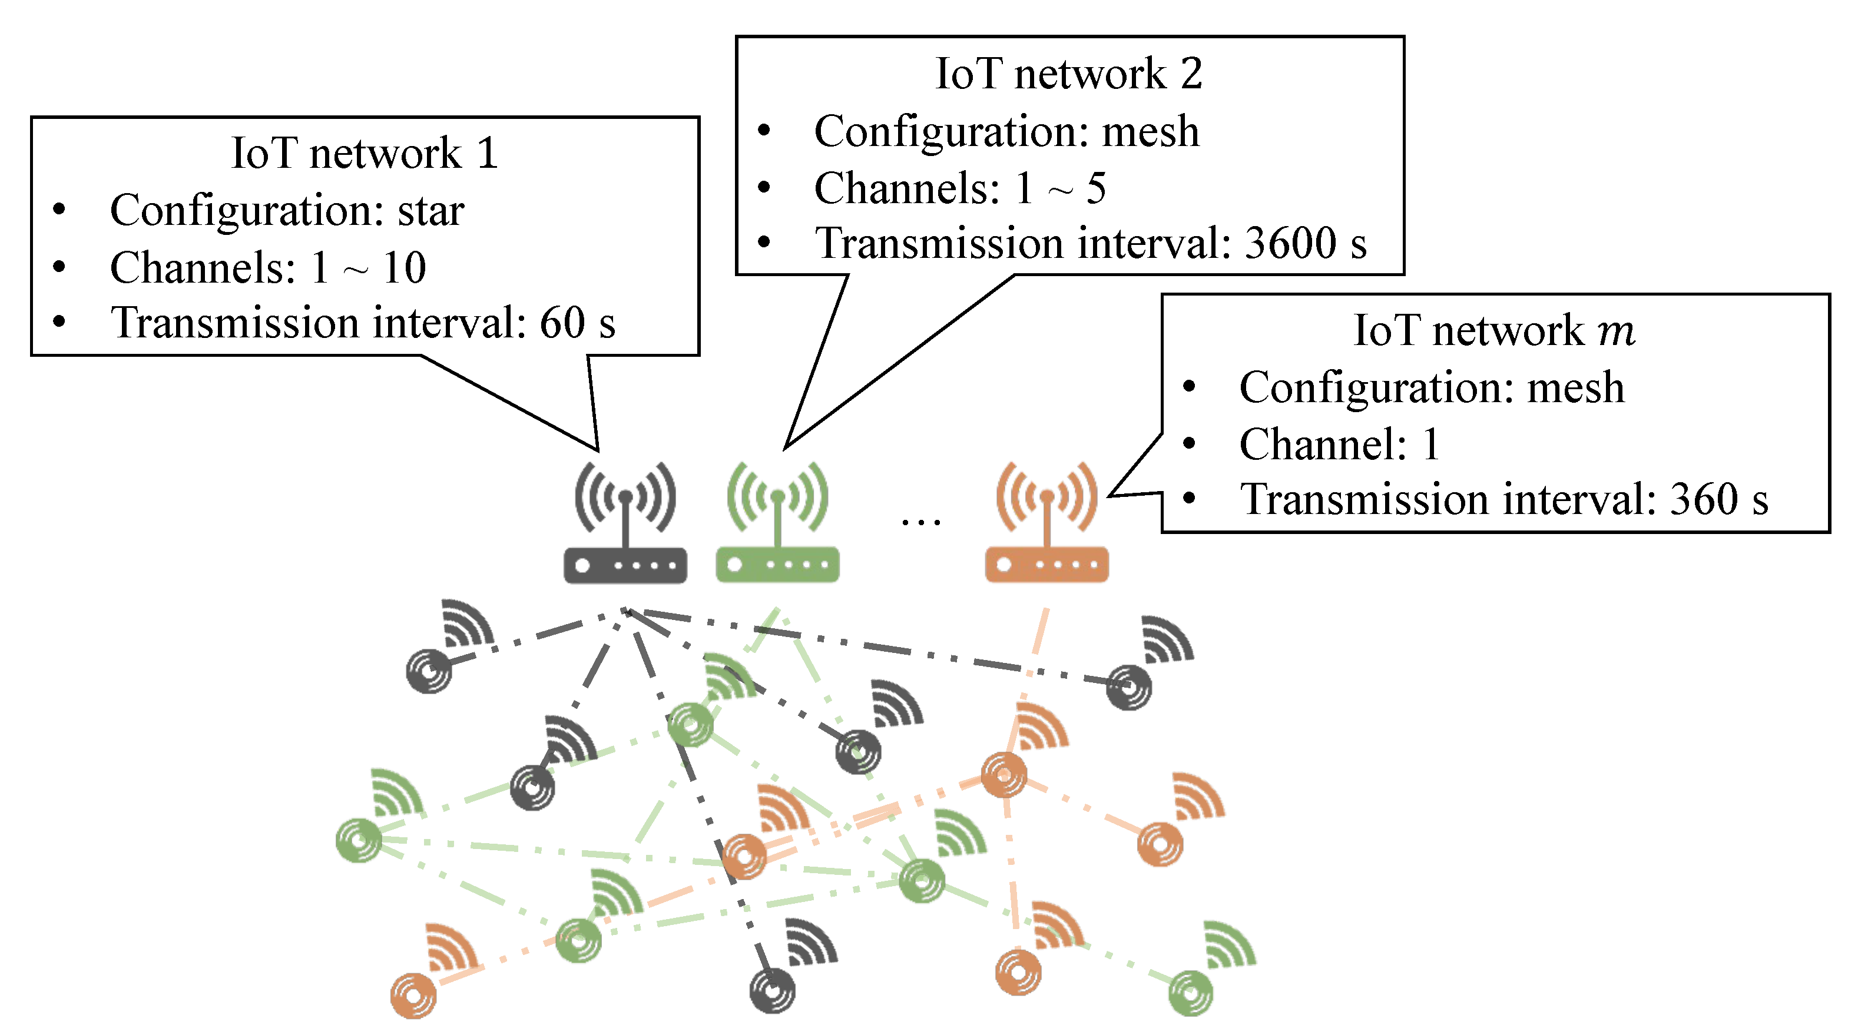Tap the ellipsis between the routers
pos(921,521)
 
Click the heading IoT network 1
pos(365,153)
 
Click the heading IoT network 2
pos(1068,74)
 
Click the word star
pos(430,211)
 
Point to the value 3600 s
pos(1306,243)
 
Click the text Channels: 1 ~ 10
pos(267,267)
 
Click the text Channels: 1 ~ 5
pos(959,188)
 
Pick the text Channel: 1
pos(1339,444)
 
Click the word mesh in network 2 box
pos(1151,131)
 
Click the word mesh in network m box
pos(1576,387)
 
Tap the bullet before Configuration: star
pos(59,210)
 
